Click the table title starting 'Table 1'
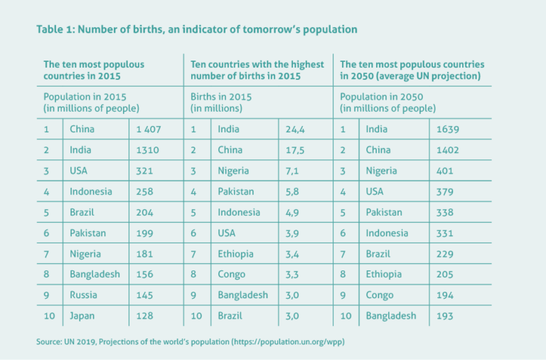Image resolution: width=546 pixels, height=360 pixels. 197,29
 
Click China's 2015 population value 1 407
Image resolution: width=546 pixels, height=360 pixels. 149,129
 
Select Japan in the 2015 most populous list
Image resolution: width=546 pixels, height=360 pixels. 82,316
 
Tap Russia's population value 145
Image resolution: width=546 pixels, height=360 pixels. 144,295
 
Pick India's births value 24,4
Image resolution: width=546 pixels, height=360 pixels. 295,129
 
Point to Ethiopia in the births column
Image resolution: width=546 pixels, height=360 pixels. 236,254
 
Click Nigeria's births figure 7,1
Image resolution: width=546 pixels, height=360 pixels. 292,171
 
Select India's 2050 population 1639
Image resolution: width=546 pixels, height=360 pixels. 448,129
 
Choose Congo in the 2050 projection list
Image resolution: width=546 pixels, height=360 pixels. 380,295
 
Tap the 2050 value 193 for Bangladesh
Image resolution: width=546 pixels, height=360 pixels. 444,316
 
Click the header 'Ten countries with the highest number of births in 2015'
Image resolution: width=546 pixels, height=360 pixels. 257,70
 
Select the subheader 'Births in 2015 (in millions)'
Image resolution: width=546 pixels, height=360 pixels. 221,102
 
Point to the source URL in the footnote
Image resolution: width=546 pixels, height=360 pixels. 289,342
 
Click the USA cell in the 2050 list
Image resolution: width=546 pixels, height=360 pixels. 375,191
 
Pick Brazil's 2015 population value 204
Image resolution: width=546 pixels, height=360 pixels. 144,213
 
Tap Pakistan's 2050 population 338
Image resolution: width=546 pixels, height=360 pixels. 444,213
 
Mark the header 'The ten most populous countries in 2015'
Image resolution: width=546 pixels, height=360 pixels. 94,70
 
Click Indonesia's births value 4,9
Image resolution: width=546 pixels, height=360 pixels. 292,213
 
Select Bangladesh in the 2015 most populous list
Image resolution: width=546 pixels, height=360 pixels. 95,275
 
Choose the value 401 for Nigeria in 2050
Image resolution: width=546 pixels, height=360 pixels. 444,171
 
